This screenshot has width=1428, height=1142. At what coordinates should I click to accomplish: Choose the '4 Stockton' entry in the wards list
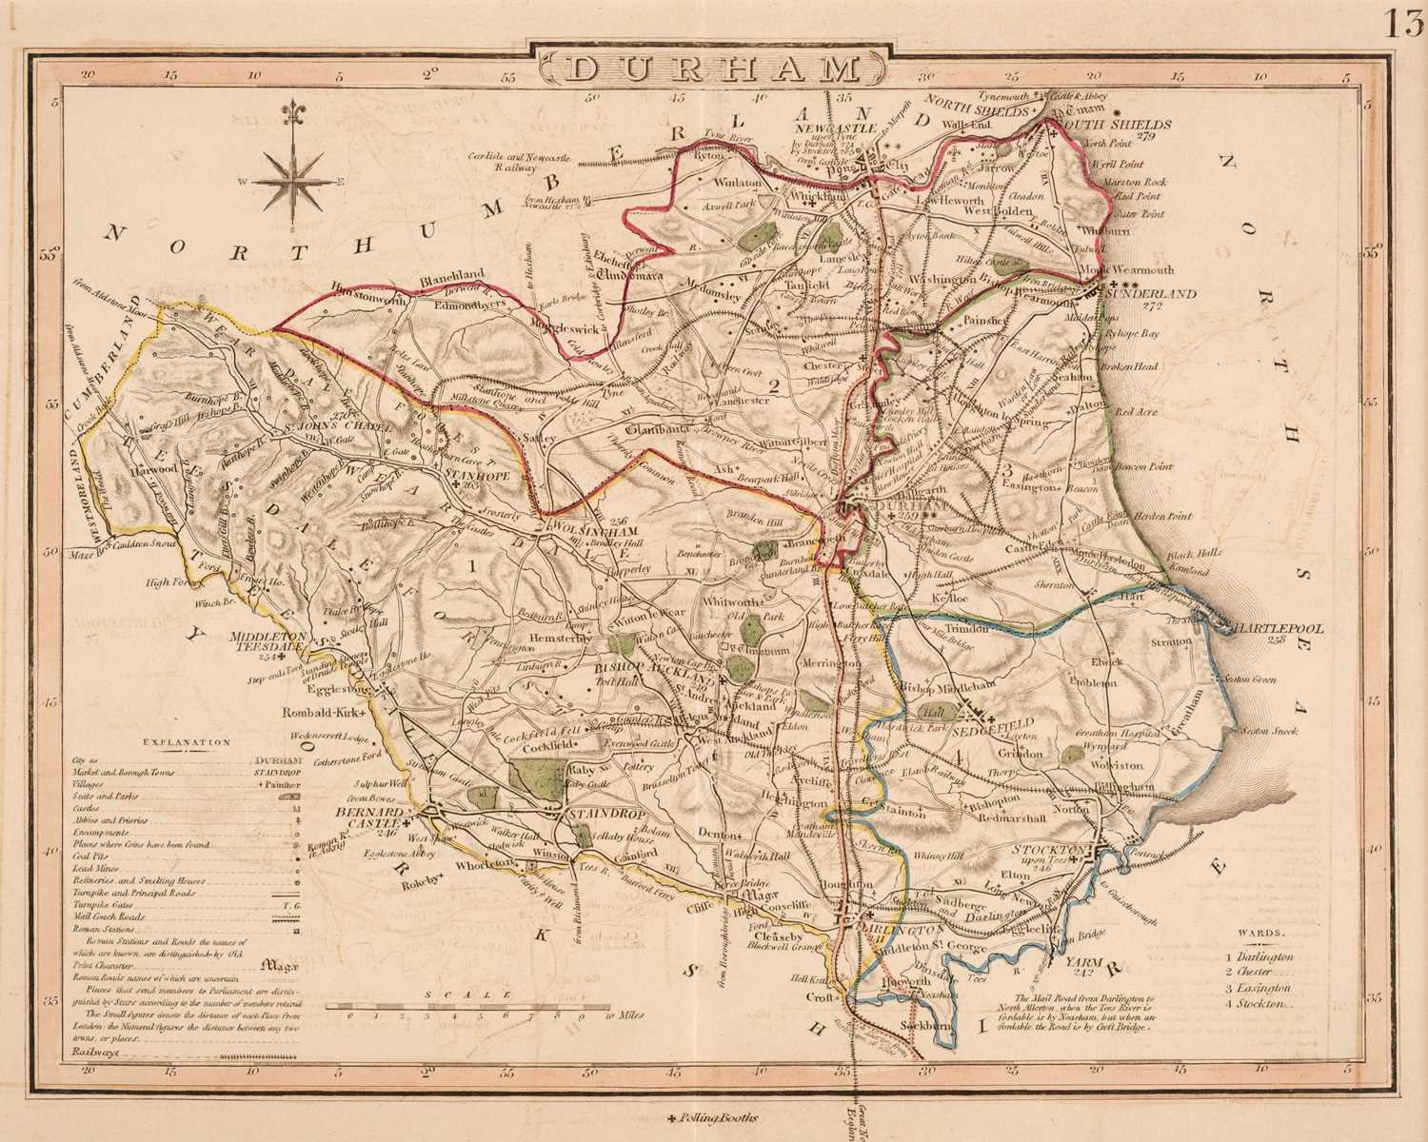click(x=1259, y=1003)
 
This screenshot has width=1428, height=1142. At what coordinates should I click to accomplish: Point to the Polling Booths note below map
click(x=714, y=1119)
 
